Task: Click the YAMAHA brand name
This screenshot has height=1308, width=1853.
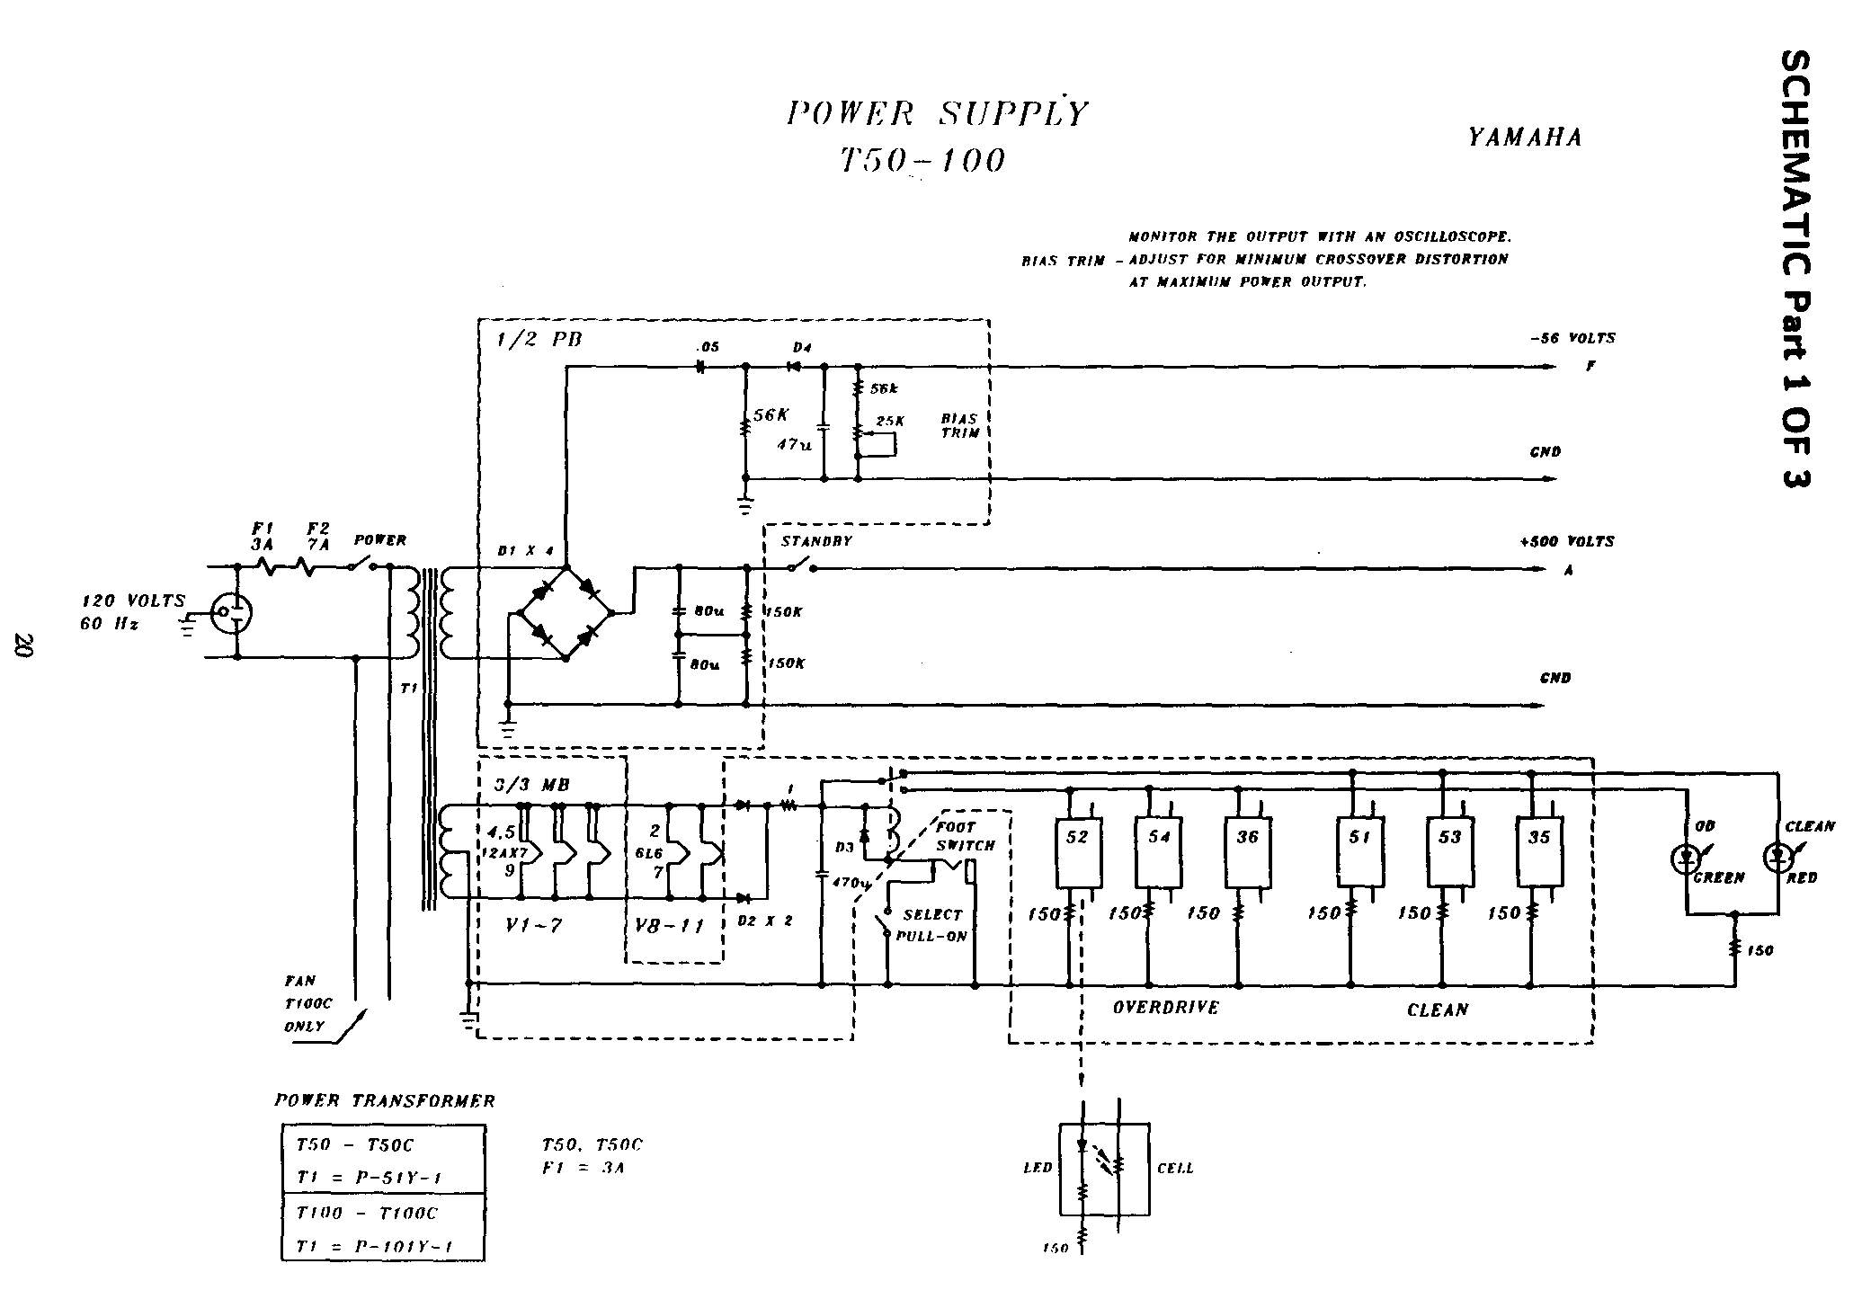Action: [x=1525, y=138]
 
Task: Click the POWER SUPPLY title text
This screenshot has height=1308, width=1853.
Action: [x=937, y=114]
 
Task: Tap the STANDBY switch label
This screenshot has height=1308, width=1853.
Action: [x=815, y=542]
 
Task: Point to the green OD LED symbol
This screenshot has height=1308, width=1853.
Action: [x=1684, y=859]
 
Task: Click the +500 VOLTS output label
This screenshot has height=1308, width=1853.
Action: [x=1566, y=542]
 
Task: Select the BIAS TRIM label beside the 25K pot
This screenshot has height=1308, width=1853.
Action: [x=959, y=425]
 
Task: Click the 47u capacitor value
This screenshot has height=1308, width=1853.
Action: [x=794, y=444]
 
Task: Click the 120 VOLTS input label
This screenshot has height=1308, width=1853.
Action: [x=134, y=601]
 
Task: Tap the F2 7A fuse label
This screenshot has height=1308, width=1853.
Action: [x=318, y=537]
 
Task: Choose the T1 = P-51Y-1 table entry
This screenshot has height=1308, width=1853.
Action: [x=369, y=1178]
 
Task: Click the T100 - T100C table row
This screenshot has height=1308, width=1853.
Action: [x=367, y=1213]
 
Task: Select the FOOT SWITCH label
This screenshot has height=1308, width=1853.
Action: [x=965, y=836]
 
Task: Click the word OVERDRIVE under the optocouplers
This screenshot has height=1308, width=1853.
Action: [x=1165, y=1008]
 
